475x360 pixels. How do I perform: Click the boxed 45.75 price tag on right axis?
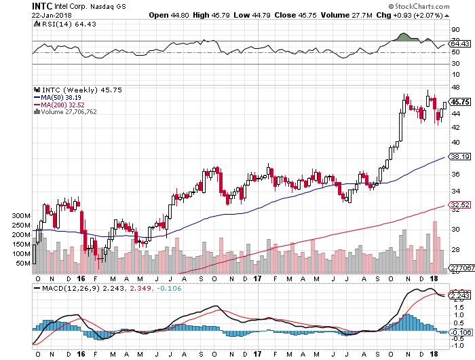tap(461, 102)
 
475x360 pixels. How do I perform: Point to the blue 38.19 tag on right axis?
tap(461, 156)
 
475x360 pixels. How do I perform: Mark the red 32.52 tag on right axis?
tap(461, 204)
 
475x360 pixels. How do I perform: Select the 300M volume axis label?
tap(21, 215)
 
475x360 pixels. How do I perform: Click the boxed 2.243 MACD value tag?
tap(461, 295)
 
